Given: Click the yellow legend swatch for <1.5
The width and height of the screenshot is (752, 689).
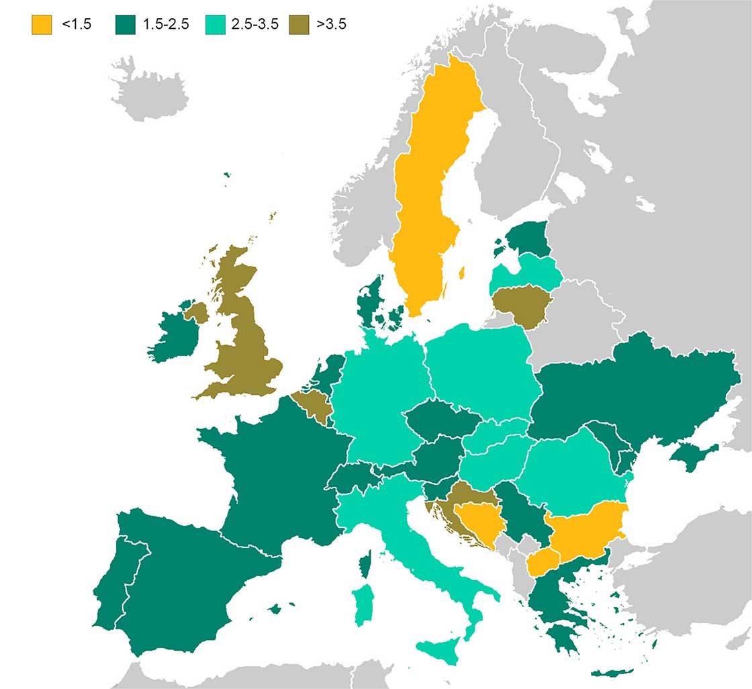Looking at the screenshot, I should point(42,25).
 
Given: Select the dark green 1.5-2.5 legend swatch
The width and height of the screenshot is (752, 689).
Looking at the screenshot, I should point(126,25).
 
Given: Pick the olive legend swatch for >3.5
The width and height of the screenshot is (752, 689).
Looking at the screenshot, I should point(298,25).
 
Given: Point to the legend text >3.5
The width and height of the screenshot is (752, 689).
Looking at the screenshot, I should point(332,25).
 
